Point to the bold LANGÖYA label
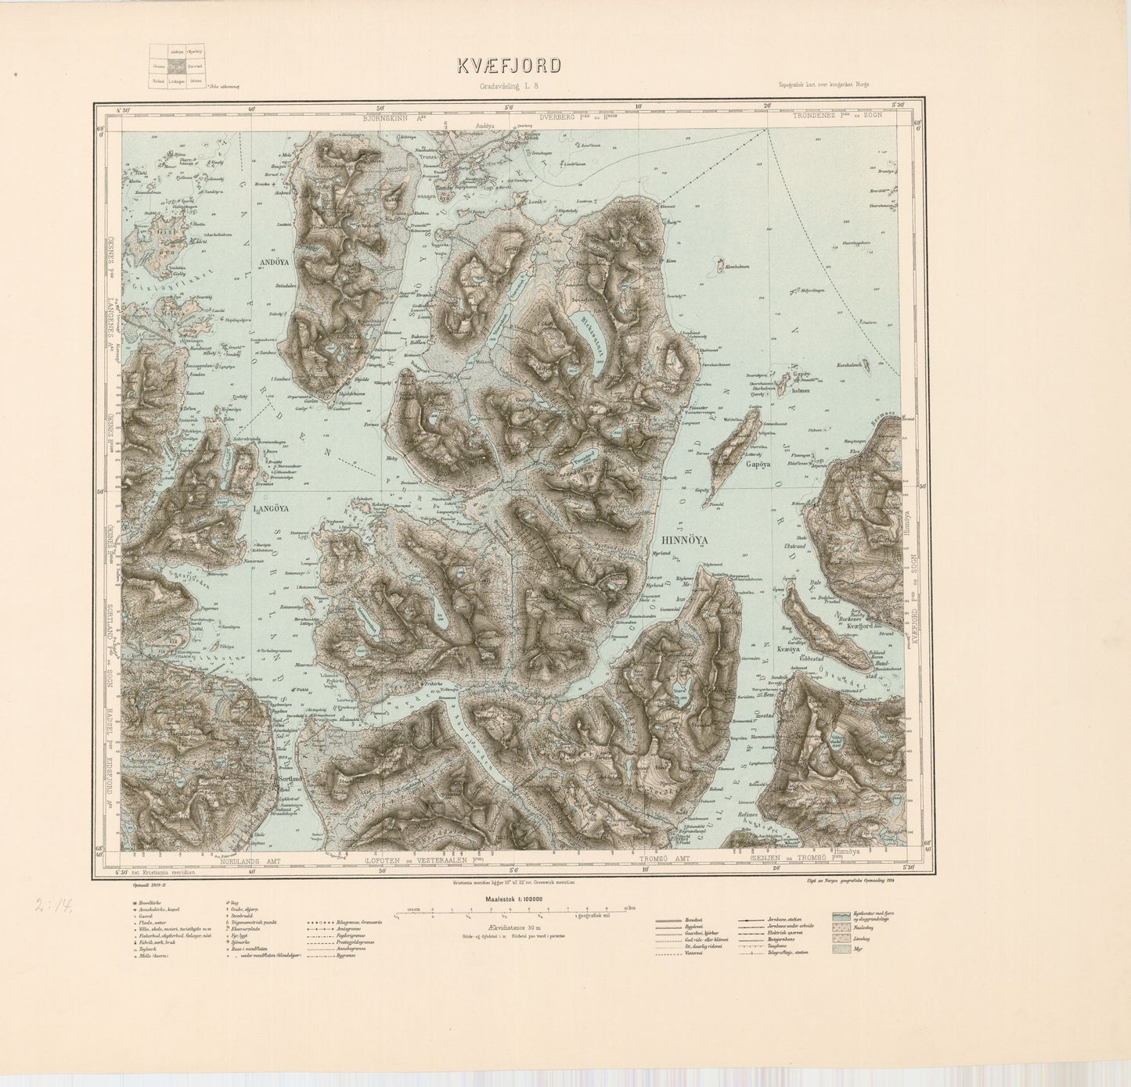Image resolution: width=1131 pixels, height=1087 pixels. (x=271, y=508)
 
